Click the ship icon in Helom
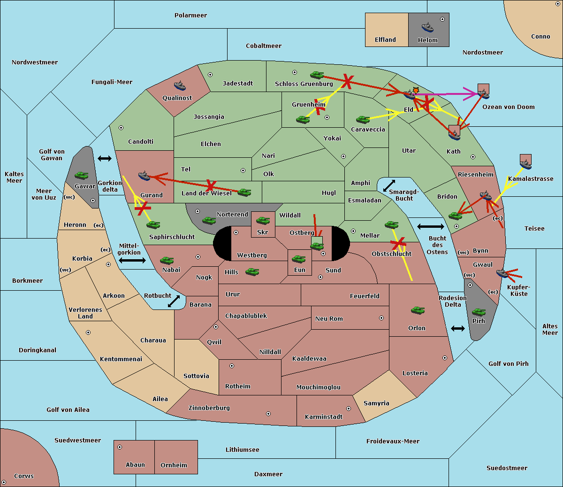(x=427, y=27)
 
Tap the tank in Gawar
(x=82, y=175)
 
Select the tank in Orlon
(x=418, y=310)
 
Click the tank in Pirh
(x=479, y=312)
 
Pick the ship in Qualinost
(x=180, y=85)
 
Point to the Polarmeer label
(x=190, y=15)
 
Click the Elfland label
(x=385, y=40)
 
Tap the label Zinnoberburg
(x=209, y=408)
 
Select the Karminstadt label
(x=324, y=417)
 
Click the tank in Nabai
(x=167, y=260)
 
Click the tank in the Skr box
(x=263, y=220)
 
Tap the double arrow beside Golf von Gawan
(x=105, y=158)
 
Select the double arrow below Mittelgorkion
(x=132, y=260)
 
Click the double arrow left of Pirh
(x=458, y=328)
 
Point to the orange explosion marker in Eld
(x=416, y=90)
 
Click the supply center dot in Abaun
(x=120, y=447)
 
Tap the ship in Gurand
(x=144, y=176)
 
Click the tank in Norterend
(x=209, y=220)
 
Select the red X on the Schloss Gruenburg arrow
(x=348, y=81)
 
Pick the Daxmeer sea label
(x=268, y=474)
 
